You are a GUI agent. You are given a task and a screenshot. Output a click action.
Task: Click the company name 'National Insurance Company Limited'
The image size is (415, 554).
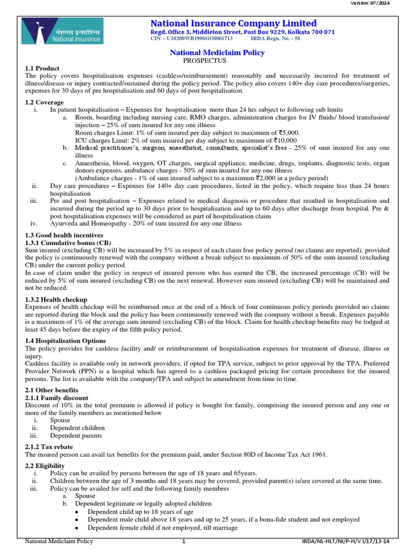233,23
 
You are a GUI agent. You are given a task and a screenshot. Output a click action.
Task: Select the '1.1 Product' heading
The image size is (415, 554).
41,68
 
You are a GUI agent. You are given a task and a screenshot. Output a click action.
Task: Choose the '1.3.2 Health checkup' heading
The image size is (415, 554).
56,299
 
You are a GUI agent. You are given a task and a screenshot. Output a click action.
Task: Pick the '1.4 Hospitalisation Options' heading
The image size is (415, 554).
65,341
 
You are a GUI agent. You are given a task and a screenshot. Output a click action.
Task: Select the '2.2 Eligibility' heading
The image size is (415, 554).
44,465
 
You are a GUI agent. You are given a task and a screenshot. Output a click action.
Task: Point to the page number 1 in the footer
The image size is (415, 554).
184,542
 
